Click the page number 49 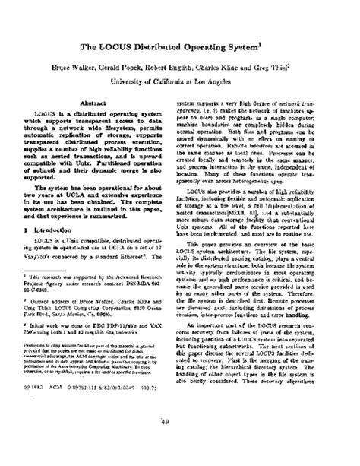click(x=180, y=445)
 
